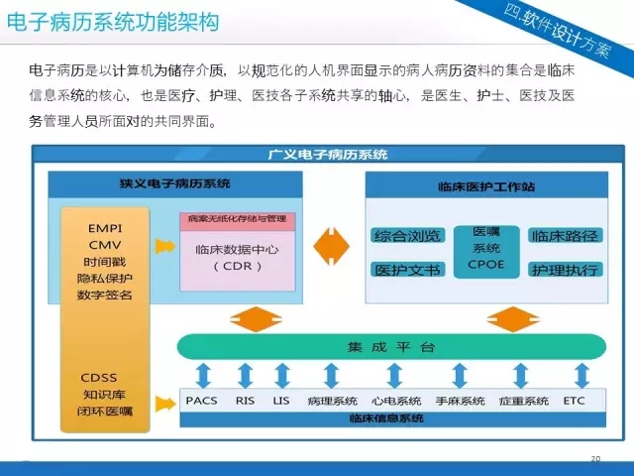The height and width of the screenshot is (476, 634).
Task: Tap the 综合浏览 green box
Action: tap(407, 236)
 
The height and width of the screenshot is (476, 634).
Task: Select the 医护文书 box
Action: tap(407, 269)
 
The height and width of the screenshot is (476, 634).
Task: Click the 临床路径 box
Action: tap(564, 236)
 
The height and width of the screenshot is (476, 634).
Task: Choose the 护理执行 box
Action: tap(564, 269)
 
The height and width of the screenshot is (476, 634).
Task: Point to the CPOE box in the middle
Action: tap(486, 249)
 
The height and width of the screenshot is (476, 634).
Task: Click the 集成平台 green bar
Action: tap(391, 347)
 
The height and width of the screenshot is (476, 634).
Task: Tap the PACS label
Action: tap(201, 401)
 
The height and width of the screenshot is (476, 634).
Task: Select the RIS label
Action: tap(245, 401)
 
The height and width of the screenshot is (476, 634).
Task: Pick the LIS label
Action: tap(281, 401)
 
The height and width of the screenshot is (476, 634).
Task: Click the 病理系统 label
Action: tap(332, 401)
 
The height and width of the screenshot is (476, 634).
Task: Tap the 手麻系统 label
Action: tap(460, 401)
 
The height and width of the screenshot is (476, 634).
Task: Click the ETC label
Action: tap(574, 401)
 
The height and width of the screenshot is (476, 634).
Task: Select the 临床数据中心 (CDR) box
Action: tap(237, 258)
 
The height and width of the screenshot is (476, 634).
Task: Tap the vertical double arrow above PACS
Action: tap(202, 376)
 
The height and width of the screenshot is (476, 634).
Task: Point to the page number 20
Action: tap(595, 458)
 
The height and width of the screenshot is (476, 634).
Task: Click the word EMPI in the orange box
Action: tap(104, 227)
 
